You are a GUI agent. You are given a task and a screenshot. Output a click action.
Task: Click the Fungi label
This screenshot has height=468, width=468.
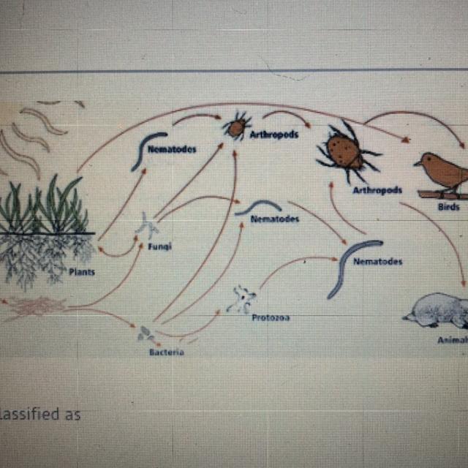point(159,246)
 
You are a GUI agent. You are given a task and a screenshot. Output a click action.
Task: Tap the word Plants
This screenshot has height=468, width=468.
point(82,272)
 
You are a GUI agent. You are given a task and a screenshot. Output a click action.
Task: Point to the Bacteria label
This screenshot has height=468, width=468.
point(166,352)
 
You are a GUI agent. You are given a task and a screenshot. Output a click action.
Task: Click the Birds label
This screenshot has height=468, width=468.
point(449,207)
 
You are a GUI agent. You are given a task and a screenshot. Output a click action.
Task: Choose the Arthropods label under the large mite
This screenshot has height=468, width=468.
point(377,190)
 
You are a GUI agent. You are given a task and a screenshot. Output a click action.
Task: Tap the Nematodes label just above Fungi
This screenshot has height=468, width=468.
point(172,148)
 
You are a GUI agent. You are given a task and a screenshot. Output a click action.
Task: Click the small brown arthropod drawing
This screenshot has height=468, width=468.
point(235,127)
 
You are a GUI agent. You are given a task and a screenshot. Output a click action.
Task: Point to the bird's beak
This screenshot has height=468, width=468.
point(416,164)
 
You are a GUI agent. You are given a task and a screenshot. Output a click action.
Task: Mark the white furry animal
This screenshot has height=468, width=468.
point(437,310)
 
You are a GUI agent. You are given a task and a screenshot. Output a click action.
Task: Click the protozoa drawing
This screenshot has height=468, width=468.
point(241,299)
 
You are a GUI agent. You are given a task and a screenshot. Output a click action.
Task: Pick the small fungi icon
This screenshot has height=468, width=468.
point(146,224)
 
